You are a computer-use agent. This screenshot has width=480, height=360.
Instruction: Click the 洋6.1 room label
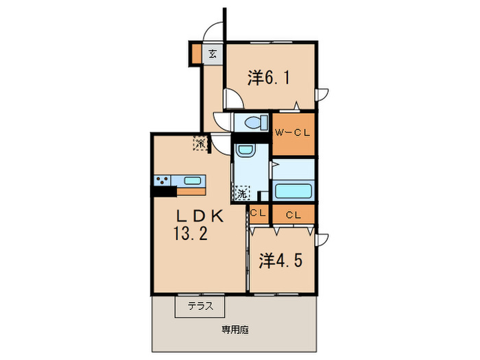coord(268,78)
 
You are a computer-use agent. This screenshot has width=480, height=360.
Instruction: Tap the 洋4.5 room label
coord(280,261)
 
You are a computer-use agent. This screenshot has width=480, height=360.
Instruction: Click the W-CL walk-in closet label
coord(293,133)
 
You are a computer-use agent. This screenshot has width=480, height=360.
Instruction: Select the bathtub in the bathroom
coord(293,191)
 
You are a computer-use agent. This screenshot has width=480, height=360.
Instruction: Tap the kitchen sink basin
coord(193,181)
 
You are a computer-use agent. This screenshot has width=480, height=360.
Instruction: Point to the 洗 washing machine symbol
coord(241,193)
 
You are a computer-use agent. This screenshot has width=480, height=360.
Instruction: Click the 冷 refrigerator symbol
coord(200,143)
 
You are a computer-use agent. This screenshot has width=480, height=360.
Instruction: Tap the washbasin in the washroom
coord(245,151)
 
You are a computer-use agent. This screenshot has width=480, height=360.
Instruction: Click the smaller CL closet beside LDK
coord(259,214)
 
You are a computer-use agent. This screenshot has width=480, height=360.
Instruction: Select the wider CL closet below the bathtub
coord(293,215)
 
